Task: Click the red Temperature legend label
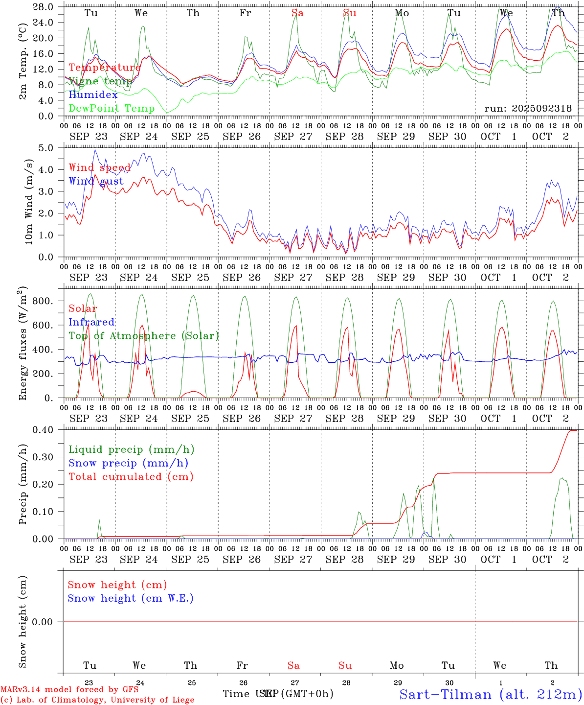coord(105,68)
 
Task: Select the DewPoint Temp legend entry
coord(112,108)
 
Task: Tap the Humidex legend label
coord(93,94)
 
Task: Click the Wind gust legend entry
coord(96,181)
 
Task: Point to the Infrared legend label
coord(91,322)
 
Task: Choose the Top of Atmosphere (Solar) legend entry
coord(143,336)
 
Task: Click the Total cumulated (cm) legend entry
coord(131,476)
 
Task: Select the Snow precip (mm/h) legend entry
coord(128,463)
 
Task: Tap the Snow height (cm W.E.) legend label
coord(130,598)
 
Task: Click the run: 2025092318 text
coord(528,108)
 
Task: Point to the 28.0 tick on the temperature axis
coord(44,7)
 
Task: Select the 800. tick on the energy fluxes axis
coord(42,301)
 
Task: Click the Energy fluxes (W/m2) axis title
coord(22,344)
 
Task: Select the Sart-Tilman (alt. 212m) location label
coord(491,694)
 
